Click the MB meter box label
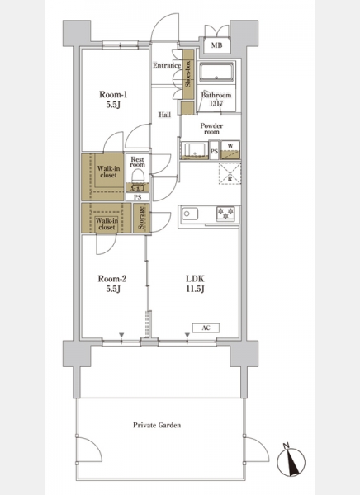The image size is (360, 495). point(216,45)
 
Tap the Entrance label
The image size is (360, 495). point(167,65)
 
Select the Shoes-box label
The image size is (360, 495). point(188,74)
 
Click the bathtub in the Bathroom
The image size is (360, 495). point(217,73)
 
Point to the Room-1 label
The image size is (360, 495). point(113,94)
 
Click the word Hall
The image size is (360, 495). point(164,115)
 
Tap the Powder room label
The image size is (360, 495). point(211,129)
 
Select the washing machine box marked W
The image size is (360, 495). point(230,149)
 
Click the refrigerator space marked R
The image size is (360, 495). point(230,173)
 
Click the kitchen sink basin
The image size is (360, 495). point(190,214)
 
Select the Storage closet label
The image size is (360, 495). point(141,218)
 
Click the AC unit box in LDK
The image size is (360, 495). point(206,328)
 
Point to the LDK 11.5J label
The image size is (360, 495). point(195,284)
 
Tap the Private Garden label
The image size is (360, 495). point(157,425)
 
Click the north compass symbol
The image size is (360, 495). point(291,462)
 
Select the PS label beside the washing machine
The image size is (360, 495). point(214,151)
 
